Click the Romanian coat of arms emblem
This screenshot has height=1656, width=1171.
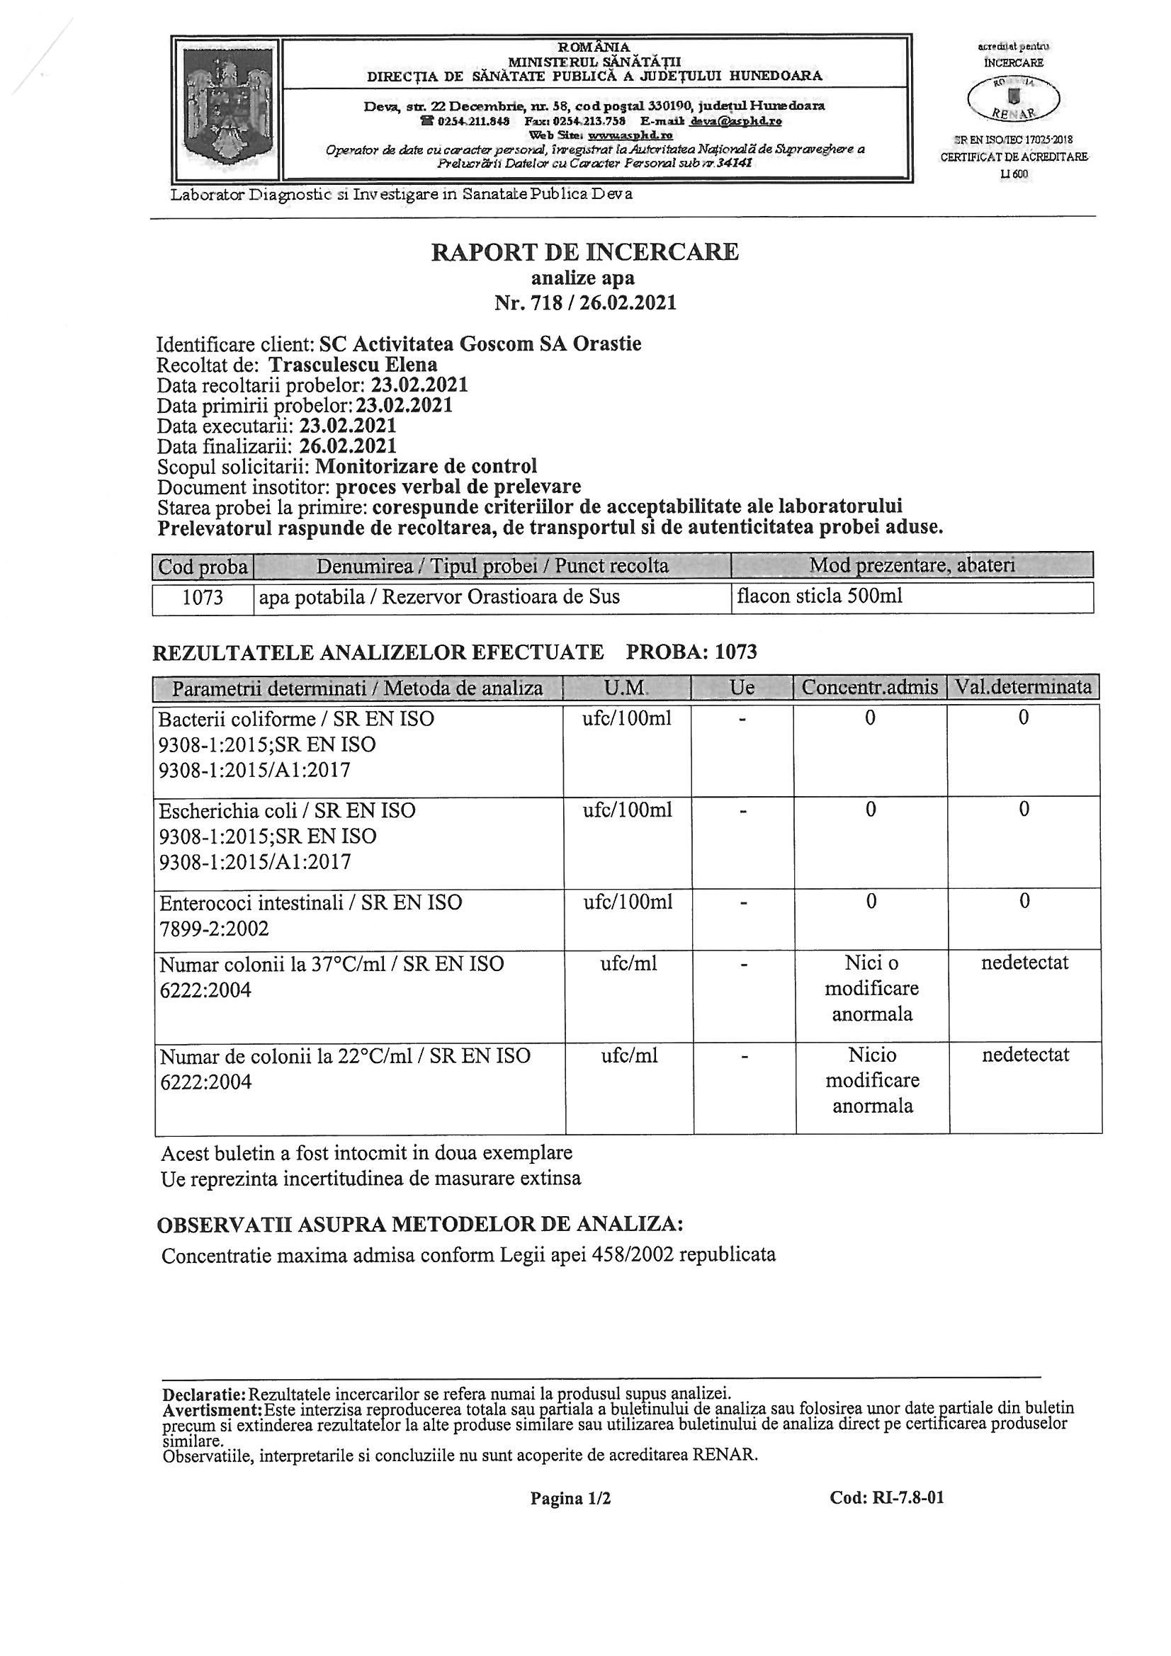(227, 106)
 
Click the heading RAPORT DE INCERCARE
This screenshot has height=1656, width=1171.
(584, 251)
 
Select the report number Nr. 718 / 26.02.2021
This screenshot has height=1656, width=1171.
(584, 302)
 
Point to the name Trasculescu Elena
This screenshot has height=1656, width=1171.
(353, 365)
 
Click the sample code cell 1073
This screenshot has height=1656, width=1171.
(203, 597)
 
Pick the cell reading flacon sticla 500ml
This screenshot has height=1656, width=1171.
(820, 596)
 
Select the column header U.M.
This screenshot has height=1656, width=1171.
(626, 687)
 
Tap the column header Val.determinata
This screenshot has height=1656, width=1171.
(1023, 686)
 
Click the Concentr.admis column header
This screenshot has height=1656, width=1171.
(869, 687)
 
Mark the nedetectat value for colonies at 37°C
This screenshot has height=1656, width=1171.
(1024, 962)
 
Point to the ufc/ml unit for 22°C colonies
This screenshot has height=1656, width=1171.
(629, 1056)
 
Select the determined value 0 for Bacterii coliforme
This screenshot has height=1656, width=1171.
(1023, 718)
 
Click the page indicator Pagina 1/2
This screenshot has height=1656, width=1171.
(571, 1498)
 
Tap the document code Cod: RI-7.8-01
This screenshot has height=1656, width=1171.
(887, 1497)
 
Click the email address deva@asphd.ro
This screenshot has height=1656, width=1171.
(736, 121)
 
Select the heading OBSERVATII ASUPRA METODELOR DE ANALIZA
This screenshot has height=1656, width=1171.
(420, 1224)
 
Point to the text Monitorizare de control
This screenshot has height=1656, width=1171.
(426, 466)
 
